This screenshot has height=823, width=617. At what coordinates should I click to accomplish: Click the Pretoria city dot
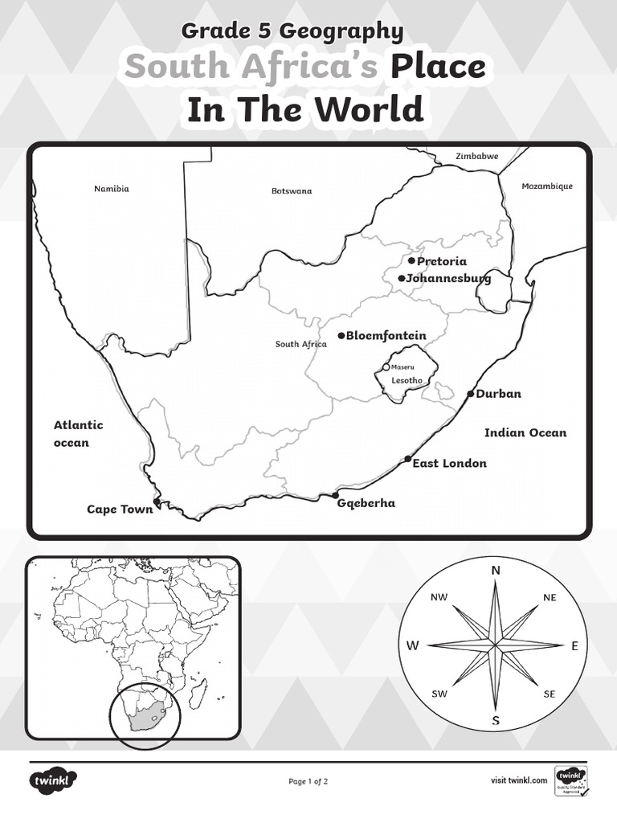pyautogui.click(x=411, y=261)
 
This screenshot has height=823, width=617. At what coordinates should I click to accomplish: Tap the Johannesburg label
pyautogui.click(x=449, y=278)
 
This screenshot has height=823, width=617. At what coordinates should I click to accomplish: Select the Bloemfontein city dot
pyautogui.click(x=341, y=335)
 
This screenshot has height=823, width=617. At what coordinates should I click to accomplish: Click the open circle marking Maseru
pyautogui.click(x=386, y=367)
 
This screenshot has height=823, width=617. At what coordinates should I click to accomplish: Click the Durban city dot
pyautogui.click(x=471, y=394)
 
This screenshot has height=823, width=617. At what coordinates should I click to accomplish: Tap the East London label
pyautogui.click(x=449, y=463)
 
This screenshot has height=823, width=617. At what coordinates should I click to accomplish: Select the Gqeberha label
pyautogui.click(x=366, y=503)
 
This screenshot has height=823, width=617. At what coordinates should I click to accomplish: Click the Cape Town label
pyautogui.click(x=120, y=509)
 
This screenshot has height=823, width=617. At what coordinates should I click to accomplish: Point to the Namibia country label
pyautogui.click(x=111, y=189)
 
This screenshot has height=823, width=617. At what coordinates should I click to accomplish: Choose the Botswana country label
pyautogui.click(x=291, y=191)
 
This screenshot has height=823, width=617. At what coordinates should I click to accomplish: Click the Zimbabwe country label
pyautogui.click(x=476, y=156)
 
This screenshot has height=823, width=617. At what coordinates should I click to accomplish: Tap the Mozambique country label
pyautogui.click(x=547, y=186)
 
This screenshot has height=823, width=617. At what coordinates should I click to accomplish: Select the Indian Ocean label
pyautogui.click(x=525, y=432)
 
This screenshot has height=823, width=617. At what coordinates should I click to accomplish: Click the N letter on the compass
pyautogui.click(x=496, y=570)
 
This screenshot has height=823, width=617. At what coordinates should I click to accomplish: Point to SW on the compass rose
pyautogui.click(x=439, y=694)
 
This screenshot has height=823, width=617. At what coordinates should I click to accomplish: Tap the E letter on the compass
pyautogui.click(x=574, y=645)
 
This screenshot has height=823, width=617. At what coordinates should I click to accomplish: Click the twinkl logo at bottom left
pyautogui.click(x=54, y=780)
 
